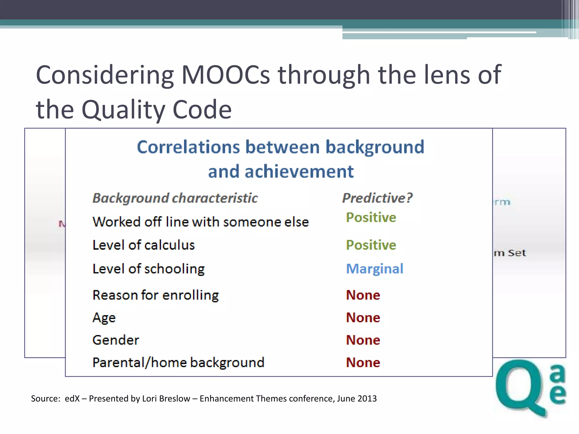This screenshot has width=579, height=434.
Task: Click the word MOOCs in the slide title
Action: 225,75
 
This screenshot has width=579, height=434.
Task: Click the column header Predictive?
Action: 377,198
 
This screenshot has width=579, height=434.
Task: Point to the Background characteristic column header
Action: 175,198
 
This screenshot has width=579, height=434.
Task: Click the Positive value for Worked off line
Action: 371,218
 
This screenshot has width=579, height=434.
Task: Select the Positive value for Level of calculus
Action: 371,245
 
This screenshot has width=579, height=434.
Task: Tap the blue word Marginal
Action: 375,269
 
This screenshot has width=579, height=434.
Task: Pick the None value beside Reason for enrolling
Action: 363,295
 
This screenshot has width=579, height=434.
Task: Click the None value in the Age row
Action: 363,318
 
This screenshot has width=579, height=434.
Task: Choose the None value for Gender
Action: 363,340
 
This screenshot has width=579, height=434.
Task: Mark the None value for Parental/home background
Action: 363,363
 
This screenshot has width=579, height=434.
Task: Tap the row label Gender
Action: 116,340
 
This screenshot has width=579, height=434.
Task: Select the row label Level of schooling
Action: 148,269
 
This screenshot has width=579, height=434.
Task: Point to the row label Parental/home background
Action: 178,363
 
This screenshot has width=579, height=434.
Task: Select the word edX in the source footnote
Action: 72,398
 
